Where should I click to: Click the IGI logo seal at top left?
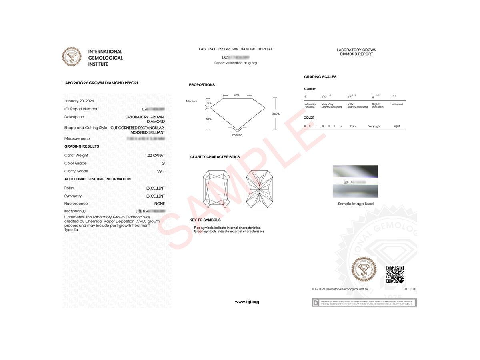pyautogui.click(x=72, y=57)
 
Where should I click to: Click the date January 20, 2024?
pyautogui.click(x=79, y=101)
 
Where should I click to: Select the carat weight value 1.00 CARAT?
pyautogui.click(x=155, y=156)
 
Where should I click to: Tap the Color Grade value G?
pyautogui.click(x=163, y=164)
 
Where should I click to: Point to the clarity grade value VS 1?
pyautogui.click(x=161, y=171)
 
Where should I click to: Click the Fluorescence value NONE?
pyautogui.click(x=160, y=204)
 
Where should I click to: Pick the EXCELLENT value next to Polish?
pyautogui.click(x=156, y=188)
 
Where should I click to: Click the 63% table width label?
pyautogui.click(x=237, y=95)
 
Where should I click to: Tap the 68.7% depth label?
pyautogui.click(x=276, y=114)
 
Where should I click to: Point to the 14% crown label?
pyautogui.click(x=208, y=103)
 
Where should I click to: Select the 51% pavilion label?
pyautogui.click(x=208, y=119)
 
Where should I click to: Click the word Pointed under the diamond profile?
pyautogui.click(x=237, y=135)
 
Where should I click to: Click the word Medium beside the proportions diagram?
pyautogui.click(x=192, y=102)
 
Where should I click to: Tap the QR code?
pyautogui.click(x=395, y=274)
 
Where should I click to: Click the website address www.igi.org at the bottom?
pyautogui.click(x=247, y=302)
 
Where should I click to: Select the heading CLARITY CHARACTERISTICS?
pyautogui.click(x=215, y=157)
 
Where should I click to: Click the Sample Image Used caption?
pyautogui.click(x=356, y=204)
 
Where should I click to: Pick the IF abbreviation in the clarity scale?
pyautogui.click(x=306, y=96)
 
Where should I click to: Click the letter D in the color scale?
pyautogui.click(x=305, y=126)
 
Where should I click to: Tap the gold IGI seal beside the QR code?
pyautogui.click(x=364, y=268)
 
